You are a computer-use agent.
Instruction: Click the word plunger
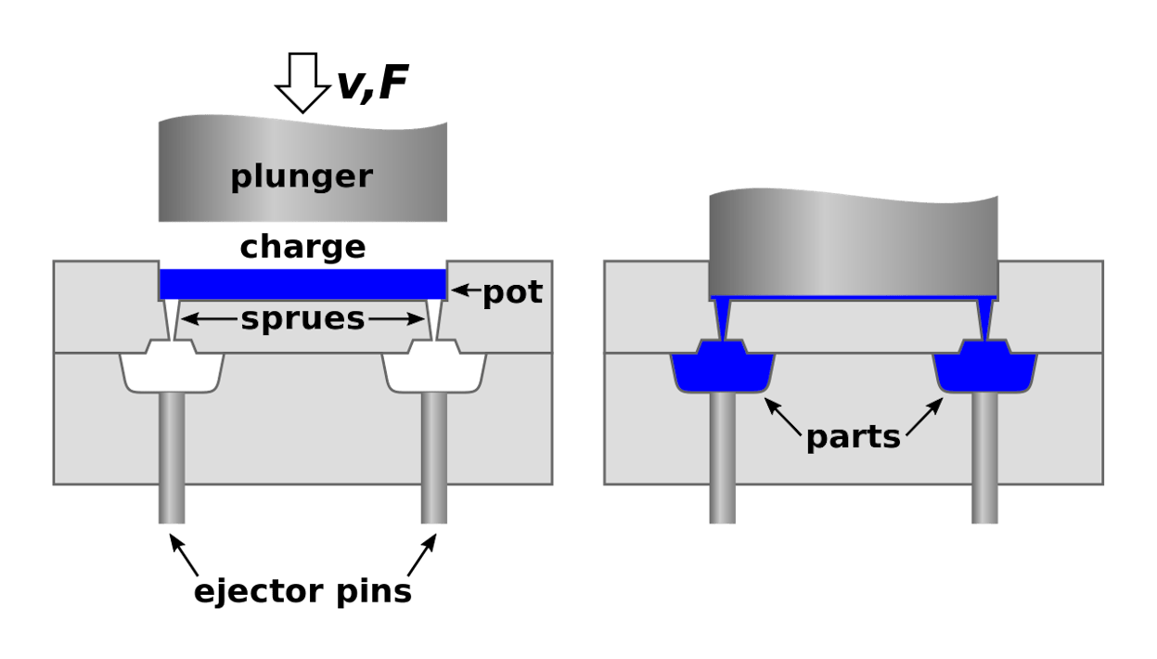(302, 175)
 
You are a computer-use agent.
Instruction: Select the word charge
(302, 248)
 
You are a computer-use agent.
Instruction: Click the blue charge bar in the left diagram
(302, 283)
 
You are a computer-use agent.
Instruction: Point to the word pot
(512, 293)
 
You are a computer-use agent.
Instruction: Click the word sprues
(302, 318)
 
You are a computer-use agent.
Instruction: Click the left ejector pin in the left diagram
(172, 455)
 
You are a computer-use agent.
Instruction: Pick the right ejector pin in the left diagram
(435, 455)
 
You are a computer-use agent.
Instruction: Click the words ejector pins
(302, 591)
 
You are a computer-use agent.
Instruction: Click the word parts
(853, 436)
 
